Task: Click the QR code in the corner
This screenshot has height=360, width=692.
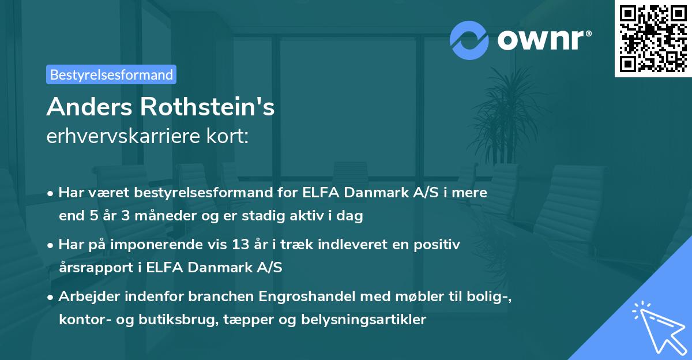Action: (653, 39)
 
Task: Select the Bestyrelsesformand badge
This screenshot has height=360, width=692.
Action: (111, 74)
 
